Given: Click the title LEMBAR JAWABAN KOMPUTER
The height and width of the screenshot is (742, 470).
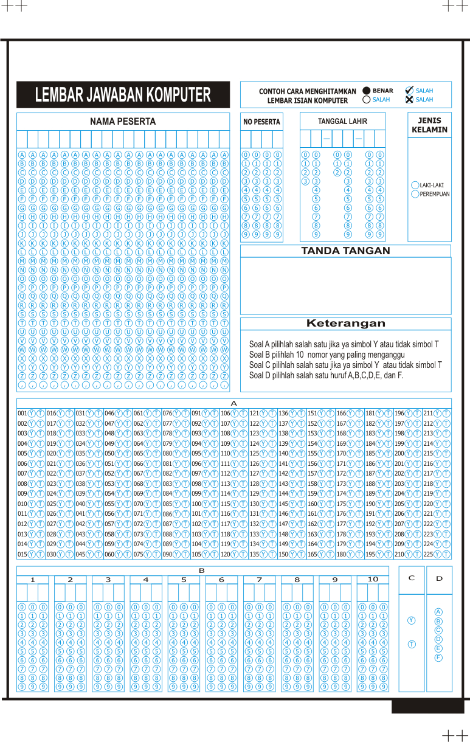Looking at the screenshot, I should (x=123, y=95).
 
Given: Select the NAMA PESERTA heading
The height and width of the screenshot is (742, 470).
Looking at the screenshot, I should (x=123, y=122).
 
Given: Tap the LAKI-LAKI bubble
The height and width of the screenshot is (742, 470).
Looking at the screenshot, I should (x=415, y=185).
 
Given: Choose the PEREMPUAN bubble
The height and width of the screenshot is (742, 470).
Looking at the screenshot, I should (x=415, y=194).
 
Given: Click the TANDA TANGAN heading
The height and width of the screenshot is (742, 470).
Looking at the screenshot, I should (x=345, y=251).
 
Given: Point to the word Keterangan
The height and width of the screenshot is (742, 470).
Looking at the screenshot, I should (x=345, y=324).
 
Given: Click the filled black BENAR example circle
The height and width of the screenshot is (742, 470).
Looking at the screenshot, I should (x=366, y=91).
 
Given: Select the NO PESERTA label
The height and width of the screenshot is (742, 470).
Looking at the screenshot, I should (x=261, y=122).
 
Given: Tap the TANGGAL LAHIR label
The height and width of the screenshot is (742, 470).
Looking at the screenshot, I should (x=342, y=122).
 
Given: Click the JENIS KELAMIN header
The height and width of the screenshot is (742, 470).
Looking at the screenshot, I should (x=429, y=125).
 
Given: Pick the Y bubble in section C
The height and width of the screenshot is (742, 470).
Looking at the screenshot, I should (x=412, y=620).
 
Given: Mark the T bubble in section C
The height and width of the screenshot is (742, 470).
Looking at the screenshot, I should (x=412, y=644).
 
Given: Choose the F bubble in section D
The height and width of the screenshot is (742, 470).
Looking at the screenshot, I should (x=438, y=657).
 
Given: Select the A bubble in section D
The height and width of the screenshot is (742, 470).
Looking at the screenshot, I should (x=438, y=612).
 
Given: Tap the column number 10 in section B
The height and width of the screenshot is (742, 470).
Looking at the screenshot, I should (x=373, y=580).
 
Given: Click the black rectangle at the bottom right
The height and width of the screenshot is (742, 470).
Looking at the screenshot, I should (x=427, y=706).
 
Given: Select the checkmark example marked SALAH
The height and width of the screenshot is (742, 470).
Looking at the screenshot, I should (x=409, y=90).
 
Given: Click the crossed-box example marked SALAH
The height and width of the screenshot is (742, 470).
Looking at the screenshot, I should (x=409, y=99).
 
